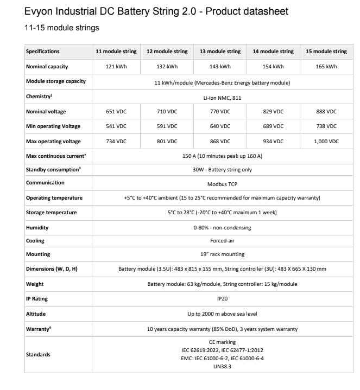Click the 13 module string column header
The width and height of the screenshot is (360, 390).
220,52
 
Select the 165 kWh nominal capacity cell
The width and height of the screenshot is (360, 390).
326,67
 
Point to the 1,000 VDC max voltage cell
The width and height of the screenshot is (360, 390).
326,142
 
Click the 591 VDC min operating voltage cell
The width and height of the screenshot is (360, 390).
167,126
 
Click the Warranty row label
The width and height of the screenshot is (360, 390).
39,329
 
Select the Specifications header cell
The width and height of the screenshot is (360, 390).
43,52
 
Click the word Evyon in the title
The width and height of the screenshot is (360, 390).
39,11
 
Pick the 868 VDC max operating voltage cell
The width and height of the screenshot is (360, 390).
220,142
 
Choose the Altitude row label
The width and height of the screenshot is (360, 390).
35,314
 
